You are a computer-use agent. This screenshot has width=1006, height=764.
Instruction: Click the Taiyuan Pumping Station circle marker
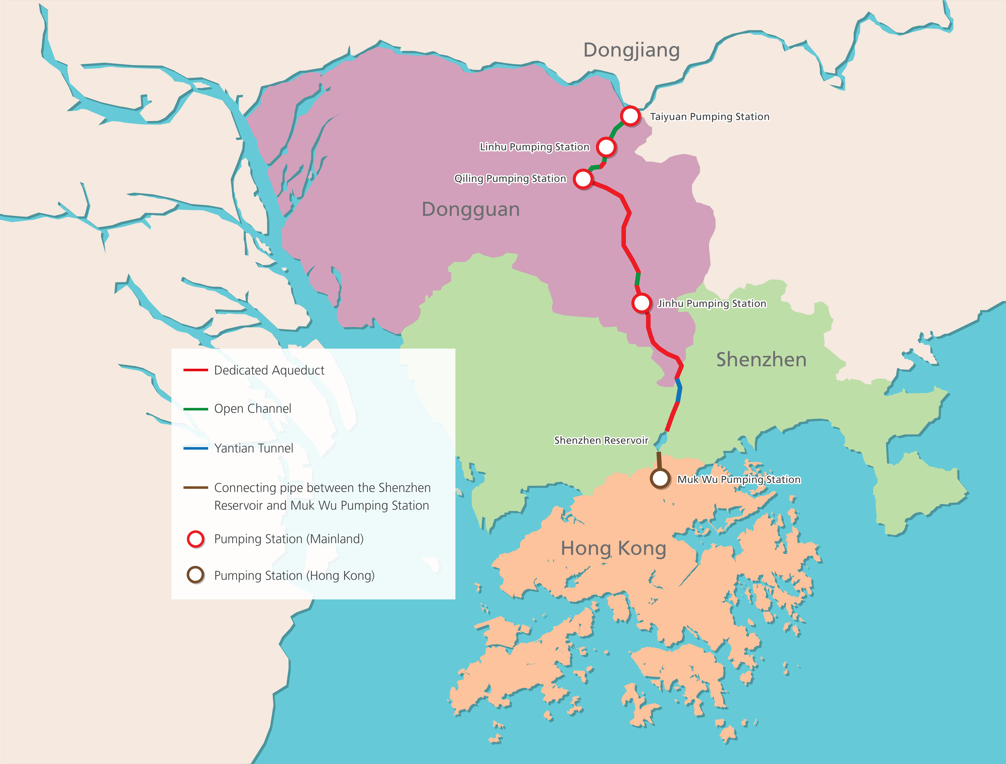pos(630,116)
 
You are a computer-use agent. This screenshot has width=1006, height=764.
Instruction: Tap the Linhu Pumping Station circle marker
pos(606,147)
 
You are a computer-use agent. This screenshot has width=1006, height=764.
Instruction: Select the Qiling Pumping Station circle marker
pos(583,179)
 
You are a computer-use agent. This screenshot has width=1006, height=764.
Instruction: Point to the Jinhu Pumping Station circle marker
pos(642,303)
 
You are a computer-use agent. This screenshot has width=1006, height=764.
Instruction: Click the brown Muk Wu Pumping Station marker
pos(660,479)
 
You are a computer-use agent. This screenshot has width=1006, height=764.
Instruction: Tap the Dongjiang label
pos(631,50)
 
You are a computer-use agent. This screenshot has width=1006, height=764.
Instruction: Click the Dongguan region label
pos(470,210)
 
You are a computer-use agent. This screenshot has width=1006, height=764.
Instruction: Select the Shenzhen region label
pos(761,360)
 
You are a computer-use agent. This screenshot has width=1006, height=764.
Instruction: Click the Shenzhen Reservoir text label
pos(601,440)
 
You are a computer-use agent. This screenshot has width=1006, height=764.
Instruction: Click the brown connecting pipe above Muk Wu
pos(659,461)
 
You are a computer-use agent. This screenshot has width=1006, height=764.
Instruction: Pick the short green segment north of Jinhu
pos(638,279)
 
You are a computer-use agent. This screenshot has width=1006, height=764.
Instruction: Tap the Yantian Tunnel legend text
pos(253,449)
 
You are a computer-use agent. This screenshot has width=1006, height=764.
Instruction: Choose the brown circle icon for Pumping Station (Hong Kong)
pos(196,575)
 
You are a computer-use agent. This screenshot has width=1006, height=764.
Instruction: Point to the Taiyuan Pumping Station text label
pos(709,117)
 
